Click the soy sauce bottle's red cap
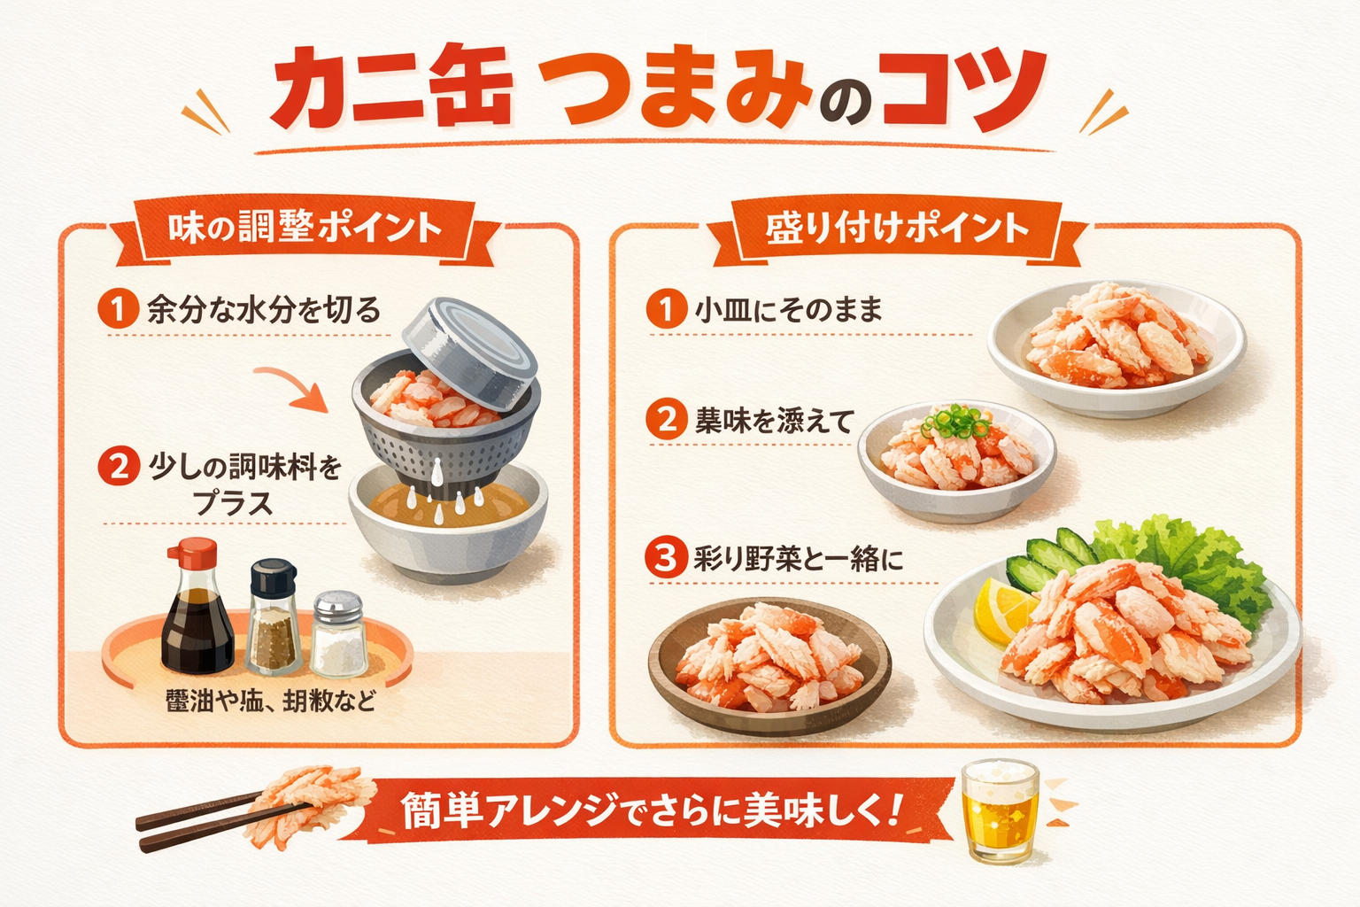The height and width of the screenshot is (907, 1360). tap(192, 554)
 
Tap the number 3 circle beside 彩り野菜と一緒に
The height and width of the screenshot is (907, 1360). tap(665, 559)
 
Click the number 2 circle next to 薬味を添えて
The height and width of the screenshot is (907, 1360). tap(666, 419)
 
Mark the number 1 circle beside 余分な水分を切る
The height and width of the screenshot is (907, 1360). tap(118, 309)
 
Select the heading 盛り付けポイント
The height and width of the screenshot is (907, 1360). tap(897, 229)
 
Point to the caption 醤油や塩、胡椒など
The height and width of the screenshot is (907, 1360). tap(271, 702)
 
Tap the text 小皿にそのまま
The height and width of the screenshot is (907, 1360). tap(788, 310)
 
